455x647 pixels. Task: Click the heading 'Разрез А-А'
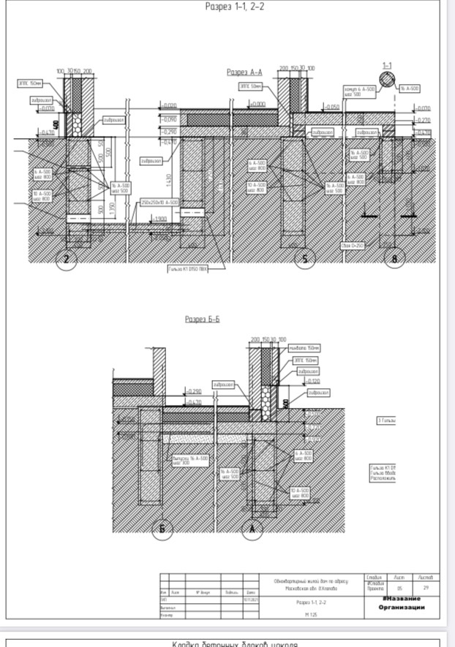[x=244, y=72]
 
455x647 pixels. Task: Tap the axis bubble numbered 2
[x=67, y=259]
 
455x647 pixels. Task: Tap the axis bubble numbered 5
[x=304, y=258]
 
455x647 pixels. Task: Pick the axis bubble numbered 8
[x=395, y=258]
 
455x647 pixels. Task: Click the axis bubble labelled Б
[x=162, y=530]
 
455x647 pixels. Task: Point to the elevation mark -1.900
[x=160, y=218]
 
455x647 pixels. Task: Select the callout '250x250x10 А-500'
[x=159, y=202]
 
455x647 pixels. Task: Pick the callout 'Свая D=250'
[x=353, y=246]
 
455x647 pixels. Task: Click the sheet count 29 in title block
[x=426, y=588]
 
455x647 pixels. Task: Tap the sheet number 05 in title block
[x=399, y=588]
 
